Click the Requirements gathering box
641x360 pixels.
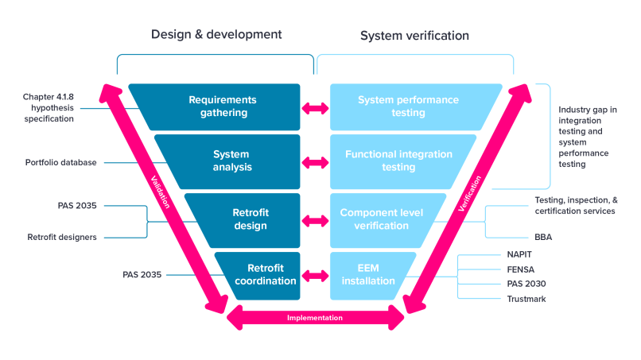click(x=223, y=106)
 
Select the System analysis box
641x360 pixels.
click(x=231, y=161)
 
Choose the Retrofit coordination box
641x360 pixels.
click(x=259, y=274)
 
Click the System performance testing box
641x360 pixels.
click(x=408, y=106)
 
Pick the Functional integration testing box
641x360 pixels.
click(x=398, y=161)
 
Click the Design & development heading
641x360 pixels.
click(x=216, y=35)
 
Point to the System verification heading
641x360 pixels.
click(x=414, y=36)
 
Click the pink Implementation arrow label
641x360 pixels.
click(x=315, y=318)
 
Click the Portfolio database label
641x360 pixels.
click(x=61, y=163)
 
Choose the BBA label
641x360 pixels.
click(x=545, y=237)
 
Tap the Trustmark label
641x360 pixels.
click(x=525, y=298)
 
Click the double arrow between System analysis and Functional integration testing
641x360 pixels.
click(x=315, y=162)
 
